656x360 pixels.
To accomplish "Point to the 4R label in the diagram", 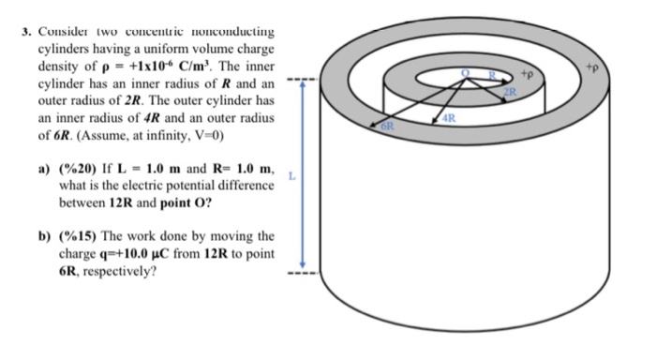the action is (449, 119).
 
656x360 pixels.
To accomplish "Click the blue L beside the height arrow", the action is (291, 174).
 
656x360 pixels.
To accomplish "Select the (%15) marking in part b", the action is (77, 236).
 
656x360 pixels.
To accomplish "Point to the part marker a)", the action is (44, 169).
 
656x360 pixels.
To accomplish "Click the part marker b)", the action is (44, 236).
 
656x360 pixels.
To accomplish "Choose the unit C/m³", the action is (194, 67).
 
